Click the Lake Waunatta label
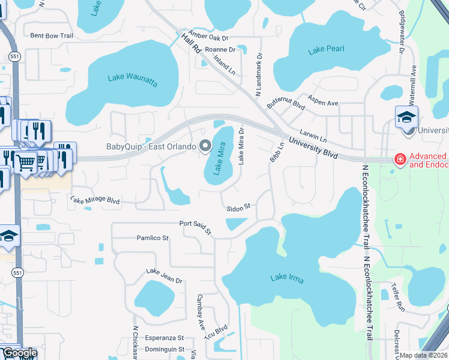point(131,77)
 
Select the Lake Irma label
point(287,278)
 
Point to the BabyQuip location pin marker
point(205,146)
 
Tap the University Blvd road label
point(313,148)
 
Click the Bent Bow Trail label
point(51,36)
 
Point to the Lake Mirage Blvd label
point(95,201)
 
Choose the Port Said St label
point(196,227)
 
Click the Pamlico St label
point(152,238)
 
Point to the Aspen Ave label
point(323,100)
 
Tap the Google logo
point(20,353)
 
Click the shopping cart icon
point(25,161)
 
